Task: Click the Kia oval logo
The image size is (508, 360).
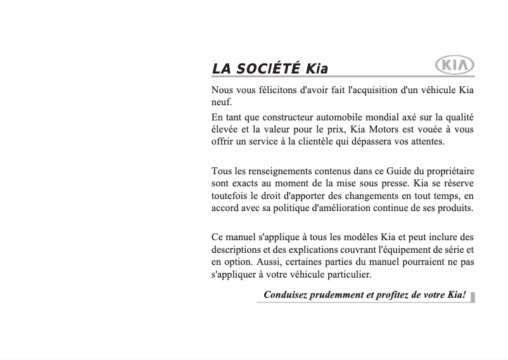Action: pyautogui.click(x=455, y=66)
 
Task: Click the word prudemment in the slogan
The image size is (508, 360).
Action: pyautogui.click(x=336, y=295)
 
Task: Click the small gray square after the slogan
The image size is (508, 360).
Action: pyautogui.click(x=473, y=295)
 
